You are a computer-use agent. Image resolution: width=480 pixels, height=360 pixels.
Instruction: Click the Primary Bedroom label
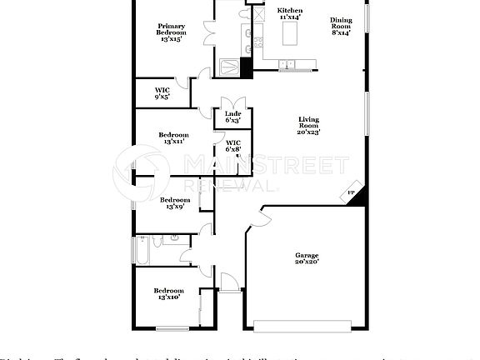[171, 32]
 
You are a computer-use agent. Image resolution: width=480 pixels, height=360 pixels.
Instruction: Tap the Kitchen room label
[289, 13]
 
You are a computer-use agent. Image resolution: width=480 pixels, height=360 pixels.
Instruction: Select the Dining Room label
[340, 27]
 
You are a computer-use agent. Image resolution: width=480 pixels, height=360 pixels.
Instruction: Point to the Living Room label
[308, 125]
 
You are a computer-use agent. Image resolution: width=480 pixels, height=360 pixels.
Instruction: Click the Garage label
[307, 258]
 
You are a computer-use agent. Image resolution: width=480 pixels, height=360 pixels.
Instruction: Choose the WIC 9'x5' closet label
[162, 94]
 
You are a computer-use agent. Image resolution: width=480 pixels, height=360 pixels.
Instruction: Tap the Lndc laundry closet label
[233, 117]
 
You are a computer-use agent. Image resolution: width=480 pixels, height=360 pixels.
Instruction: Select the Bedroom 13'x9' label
[175, 203]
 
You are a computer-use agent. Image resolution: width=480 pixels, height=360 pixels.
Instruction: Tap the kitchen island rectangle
[291, 34]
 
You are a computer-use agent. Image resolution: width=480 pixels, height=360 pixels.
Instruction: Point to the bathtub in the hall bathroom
[142, 249]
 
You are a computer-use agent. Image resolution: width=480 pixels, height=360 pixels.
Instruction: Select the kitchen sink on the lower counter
[287, 64]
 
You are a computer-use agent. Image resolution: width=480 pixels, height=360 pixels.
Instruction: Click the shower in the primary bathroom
[228, 67]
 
